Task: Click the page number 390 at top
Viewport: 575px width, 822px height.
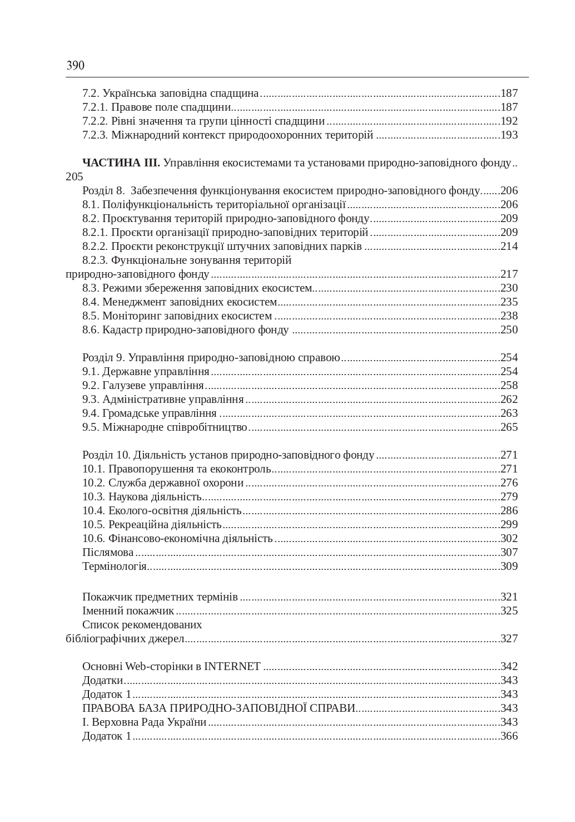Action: pos(75,66)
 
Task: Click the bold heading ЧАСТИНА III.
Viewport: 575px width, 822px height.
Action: pos(121,163)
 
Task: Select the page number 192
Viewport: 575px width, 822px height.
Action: pos(509,121)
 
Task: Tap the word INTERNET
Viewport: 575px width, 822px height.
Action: pos(232,667)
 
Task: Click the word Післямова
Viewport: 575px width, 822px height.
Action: pos(108,553)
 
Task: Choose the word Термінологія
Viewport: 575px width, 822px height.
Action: pos(114,567)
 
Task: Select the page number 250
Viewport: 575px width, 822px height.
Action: pos(509,330)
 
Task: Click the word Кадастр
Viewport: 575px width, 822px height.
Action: pos(122,330)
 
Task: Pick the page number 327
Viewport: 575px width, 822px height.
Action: pos(509,639)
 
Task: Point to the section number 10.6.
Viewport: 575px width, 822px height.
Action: pos(93,539)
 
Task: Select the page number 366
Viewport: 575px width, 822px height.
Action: pos(509,736)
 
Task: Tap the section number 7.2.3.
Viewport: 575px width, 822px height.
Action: pos(95,135)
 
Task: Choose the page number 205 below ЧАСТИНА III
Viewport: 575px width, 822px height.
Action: pos(75,177)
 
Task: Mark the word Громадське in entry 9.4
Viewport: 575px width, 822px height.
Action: pos(131,414)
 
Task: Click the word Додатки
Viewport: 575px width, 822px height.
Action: pos(102,681)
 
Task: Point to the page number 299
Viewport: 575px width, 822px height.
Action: pos(509,525)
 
